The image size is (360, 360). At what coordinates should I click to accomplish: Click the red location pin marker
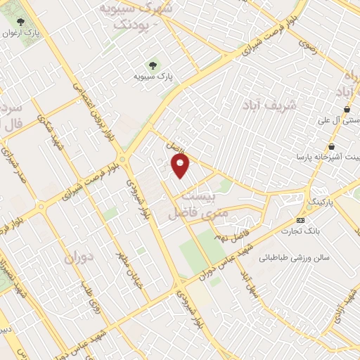point(181,165)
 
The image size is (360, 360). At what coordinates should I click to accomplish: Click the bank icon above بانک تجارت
point(301,220)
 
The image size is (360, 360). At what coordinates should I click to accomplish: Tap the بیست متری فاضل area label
point(187,200)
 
